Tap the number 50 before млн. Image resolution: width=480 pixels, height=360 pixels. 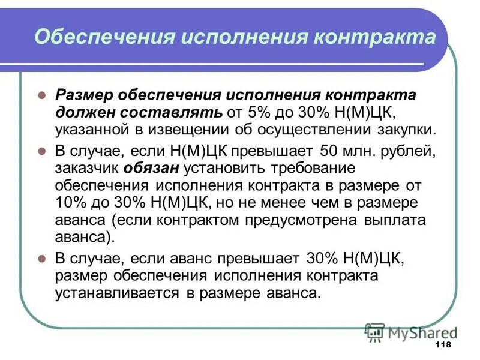pyautogui.click(x=330, y=151)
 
